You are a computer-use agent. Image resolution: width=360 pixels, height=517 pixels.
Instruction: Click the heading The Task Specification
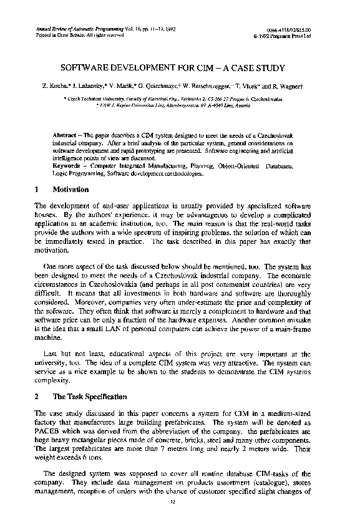90,397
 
